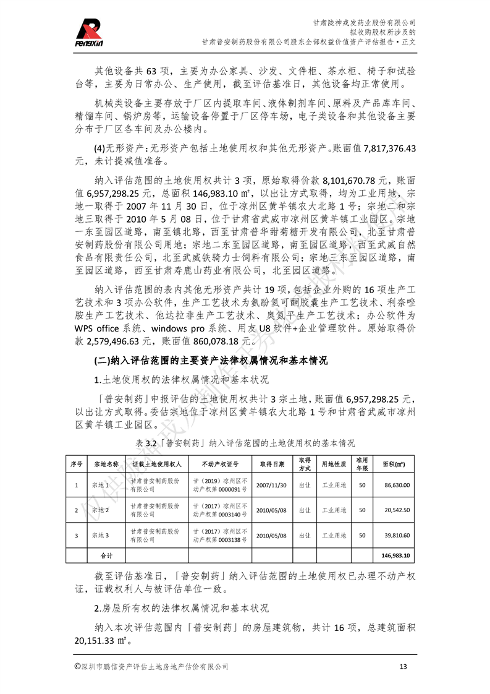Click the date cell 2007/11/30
[x=271, y=486]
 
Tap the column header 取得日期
[x=272, y=464]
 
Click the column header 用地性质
[x=334, y=464]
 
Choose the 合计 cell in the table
[x=106, y=555]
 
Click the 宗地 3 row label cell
[x=100, y=536]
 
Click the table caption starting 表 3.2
[x=245, y=443]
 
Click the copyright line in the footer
[x=151, y=666]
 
